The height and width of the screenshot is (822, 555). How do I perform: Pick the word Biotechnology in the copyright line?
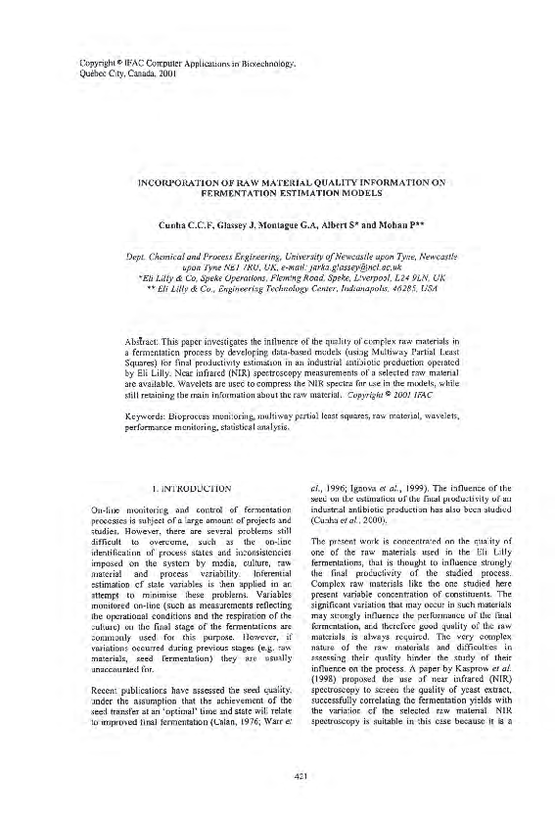pyautogui.click(x=265, y=61)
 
